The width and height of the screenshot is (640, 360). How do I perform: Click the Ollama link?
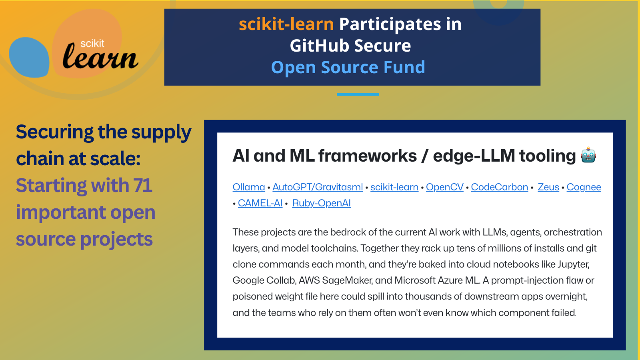tap(248, 187)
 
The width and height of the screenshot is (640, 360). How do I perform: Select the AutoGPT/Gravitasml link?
tap(318, 187)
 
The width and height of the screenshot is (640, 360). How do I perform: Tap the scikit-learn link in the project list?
tap(394, 187)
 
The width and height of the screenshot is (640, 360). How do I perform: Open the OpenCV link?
tap(444, 187)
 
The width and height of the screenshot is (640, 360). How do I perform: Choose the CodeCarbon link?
tap(500, 187)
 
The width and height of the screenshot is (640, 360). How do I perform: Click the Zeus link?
tap(548, 187)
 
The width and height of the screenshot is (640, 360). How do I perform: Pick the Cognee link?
tap(584, 187)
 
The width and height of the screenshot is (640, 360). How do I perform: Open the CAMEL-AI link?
tap(260, 203)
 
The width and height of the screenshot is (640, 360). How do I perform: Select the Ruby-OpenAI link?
tap(321, 203)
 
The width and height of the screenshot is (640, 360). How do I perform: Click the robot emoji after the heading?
tap(588, 155)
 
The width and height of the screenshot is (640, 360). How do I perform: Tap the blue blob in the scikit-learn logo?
tap(29, 57)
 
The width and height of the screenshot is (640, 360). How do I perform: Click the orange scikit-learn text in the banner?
tap(286, 24)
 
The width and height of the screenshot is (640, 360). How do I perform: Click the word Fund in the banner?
tap(404, 68)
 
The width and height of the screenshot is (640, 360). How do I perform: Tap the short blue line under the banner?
tap(358, 94)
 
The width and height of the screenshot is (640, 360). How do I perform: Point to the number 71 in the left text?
tap(142, 185)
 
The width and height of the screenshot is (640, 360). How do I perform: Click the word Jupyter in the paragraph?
tap(573, 264)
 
